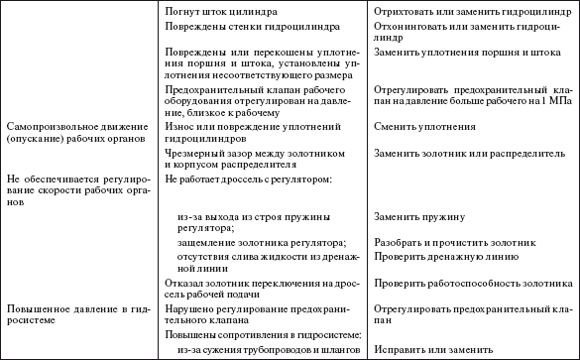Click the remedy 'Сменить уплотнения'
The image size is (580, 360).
pyautogui.click(x=419, y=127)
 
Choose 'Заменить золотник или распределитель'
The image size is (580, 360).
pyautogui.click(x=465, y=153)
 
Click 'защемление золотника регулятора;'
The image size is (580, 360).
pyautogui.click(x=262, y=243)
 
